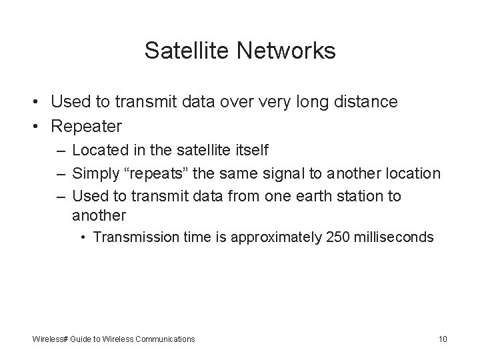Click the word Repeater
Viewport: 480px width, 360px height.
[x=87, y=125]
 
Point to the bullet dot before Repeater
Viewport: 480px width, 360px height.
[x=39, y=125]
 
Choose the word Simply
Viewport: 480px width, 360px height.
[x=95, y=174]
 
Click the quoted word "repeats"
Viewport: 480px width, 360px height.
[x=156, y=174]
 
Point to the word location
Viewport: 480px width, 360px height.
[x=413, y=174]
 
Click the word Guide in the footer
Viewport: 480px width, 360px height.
[x=81, y=339]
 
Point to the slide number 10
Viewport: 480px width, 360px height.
[x=443, y=339]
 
